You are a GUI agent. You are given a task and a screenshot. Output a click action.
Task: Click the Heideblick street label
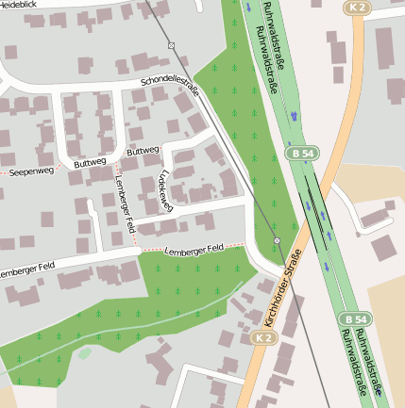coord(21,5)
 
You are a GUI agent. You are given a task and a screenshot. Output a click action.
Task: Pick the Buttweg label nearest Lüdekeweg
coord(143,151)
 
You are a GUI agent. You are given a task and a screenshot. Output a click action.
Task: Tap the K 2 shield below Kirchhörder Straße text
coord(262,336)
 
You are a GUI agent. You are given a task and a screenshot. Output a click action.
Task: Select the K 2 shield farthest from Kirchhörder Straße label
coord(355,8)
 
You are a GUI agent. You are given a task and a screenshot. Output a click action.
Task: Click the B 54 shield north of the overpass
coord(302,152)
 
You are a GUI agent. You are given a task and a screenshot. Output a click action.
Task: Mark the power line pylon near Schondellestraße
coord(171,45)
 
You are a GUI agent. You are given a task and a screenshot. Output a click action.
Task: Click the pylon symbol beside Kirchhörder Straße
coord(277,242)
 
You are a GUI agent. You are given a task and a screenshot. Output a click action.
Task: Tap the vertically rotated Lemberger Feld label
coord(125,204)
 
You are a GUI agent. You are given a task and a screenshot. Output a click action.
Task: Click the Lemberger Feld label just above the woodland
coord(193,249)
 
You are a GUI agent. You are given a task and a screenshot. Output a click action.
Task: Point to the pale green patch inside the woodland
coord(85,352)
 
